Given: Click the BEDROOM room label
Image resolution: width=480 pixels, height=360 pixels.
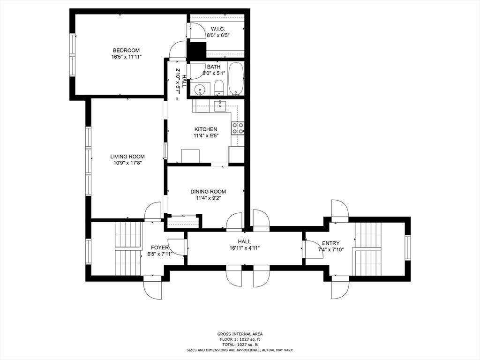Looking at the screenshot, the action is click(126, 50).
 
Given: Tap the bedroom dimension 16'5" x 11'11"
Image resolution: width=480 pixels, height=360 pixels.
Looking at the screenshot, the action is click(126, 57).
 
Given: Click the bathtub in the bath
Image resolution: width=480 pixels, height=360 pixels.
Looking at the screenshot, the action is click(236, 79).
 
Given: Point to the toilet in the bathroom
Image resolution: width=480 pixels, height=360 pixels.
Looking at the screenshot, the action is click(219, 88).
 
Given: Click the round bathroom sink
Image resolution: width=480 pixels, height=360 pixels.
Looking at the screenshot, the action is click(200, 89).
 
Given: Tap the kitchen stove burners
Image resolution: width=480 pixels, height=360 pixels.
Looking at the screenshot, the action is click(238, 128).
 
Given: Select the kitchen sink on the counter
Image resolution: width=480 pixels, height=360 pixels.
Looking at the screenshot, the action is click(220, 105).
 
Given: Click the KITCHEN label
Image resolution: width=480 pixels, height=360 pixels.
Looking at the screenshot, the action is click(206, 129).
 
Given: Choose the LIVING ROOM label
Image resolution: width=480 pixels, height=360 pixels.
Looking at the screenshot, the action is click(127, 157).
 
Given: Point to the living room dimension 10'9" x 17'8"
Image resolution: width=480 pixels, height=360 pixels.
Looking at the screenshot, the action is click(127, 163).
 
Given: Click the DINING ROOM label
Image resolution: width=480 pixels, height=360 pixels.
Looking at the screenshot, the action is click(208, 192).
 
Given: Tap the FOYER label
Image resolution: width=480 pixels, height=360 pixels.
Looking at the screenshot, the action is click(160, 247).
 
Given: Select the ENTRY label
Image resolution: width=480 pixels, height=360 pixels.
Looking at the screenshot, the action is click(330, 243).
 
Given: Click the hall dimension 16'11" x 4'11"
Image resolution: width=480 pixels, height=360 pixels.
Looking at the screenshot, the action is click(244, 248).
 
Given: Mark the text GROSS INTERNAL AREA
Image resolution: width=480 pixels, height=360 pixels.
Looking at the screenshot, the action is click(240, 334).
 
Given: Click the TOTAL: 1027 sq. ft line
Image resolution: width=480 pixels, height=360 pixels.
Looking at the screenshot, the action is click(240, 345).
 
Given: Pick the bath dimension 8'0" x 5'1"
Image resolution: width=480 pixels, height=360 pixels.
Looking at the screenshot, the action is click(214, 73).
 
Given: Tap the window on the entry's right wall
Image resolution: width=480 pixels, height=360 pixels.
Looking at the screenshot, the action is click(408, 247).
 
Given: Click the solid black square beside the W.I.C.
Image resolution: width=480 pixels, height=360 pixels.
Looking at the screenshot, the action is click(197, 50).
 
